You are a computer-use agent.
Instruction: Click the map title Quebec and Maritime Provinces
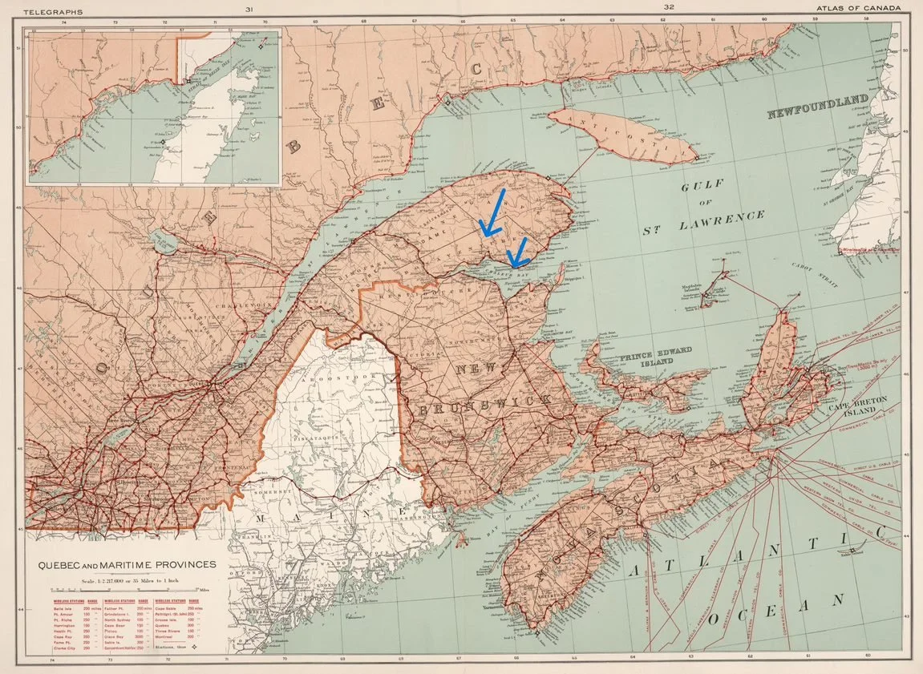tap(127, 565)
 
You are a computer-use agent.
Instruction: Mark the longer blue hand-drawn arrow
tap(492, 212)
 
